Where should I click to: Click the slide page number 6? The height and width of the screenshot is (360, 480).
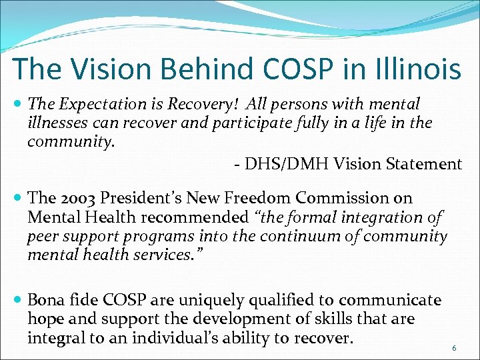tap(454, 348)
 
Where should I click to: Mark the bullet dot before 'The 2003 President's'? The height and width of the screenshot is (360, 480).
tap(18, 199)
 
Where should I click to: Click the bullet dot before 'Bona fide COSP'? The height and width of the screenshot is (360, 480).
tap(18, 300)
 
